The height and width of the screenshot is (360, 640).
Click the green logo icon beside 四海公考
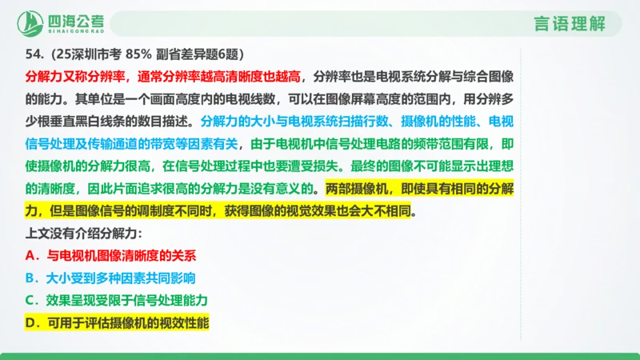pos(33,22)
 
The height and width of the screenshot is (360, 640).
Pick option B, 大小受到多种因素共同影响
pos(117,278)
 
